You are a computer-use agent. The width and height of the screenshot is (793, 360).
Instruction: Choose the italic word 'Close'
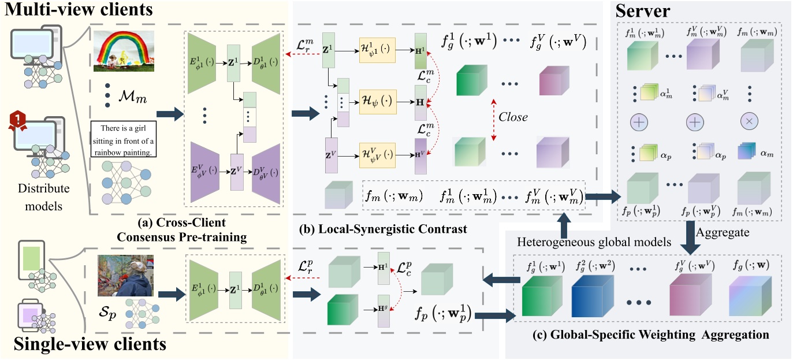pos(513,117)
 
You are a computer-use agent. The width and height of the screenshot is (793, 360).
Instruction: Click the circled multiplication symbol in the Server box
pos(749,122)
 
